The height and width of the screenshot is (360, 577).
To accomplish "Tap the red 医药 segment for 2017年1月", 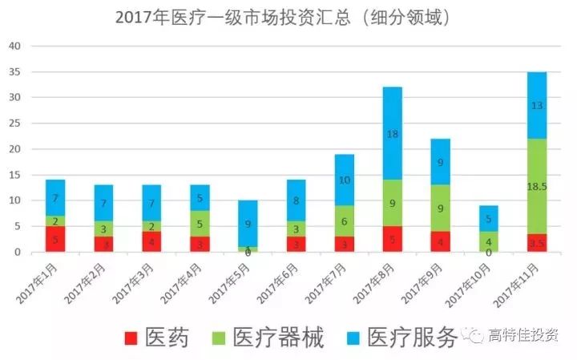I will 54,239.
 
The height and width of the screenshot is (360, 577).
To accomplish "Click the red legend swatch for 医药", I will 132,338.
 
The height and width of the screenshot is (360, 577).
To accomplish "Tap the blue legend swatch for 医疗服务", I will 357,338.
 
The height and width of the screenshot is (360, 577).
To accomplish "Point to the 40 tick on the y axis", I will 14,46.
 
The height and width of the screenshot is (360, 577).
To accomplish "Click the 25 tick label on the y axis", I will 14,123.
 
